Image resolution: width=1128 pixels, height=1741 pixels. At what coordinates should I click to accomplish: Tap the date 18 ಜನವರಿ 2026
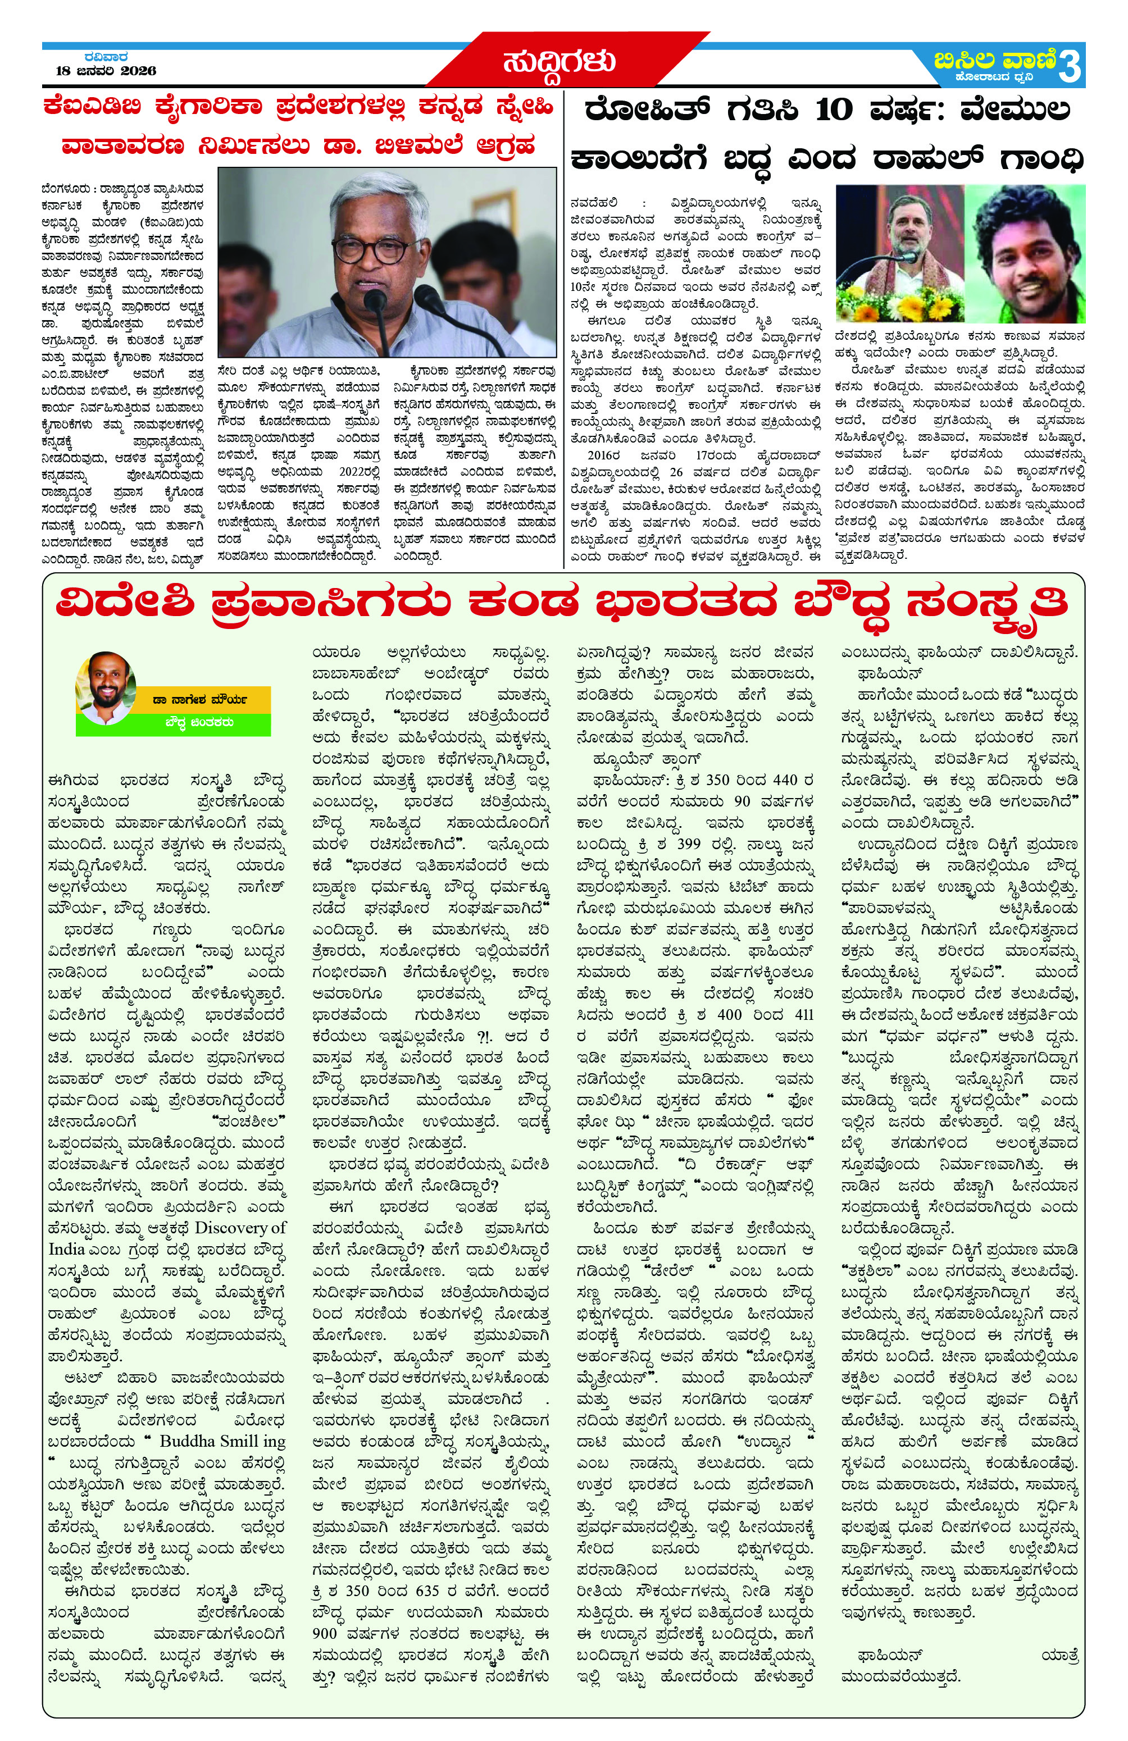[106, 71]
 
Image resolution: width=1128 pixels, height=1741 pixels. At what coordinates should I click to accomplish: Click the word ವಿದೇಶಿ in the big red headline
[131, 605]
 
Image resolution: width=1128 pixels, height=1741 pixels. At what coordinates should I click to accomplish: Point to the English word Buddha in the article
[187, 1441]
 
